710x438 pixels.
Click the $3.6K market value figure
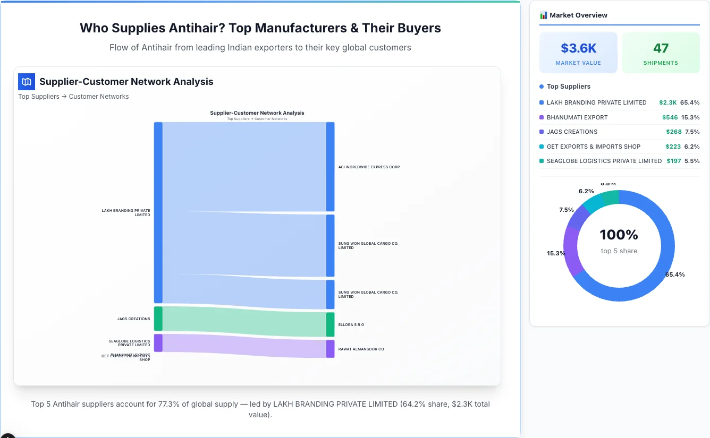(x=578, y=48)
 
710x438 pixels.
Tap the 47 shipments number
(x=661, y=48)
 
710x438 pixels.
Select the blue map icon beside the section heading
(x=27, y=82)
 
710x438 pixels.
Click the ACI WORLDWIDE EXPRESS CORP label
(x=369, y=167)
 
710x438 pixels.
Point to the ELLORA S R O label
(x=351, y=324)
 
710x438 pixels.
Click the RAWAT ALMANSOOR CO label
(x=361, y=349)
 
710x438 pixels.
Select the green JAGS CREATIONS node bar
(x=158, y=319)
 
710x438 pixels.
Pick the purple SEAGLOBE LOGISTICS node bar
(x=158, y=342)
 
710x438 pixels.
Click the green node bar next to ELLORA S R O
(x=331, y=324)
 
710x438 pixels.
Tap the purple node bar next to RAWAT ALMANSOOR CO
(x=331, y=349)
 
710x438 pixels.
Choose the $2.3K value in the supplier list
(x=667, y=102)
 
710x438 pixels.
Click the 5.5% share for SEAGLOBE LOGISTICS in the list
(x=692, y=161)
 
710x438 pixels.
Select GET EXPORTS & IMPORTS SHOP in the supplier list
(x=594, y=147)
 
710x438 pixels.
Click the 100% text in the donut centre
(x=619, y=235)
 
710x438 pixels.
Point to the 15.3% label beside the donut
(x=556, y=253)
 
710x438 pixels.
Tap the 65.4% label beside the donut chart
(x=675, y=274)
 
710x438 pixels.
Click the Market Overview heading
(x=578, y=15)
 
